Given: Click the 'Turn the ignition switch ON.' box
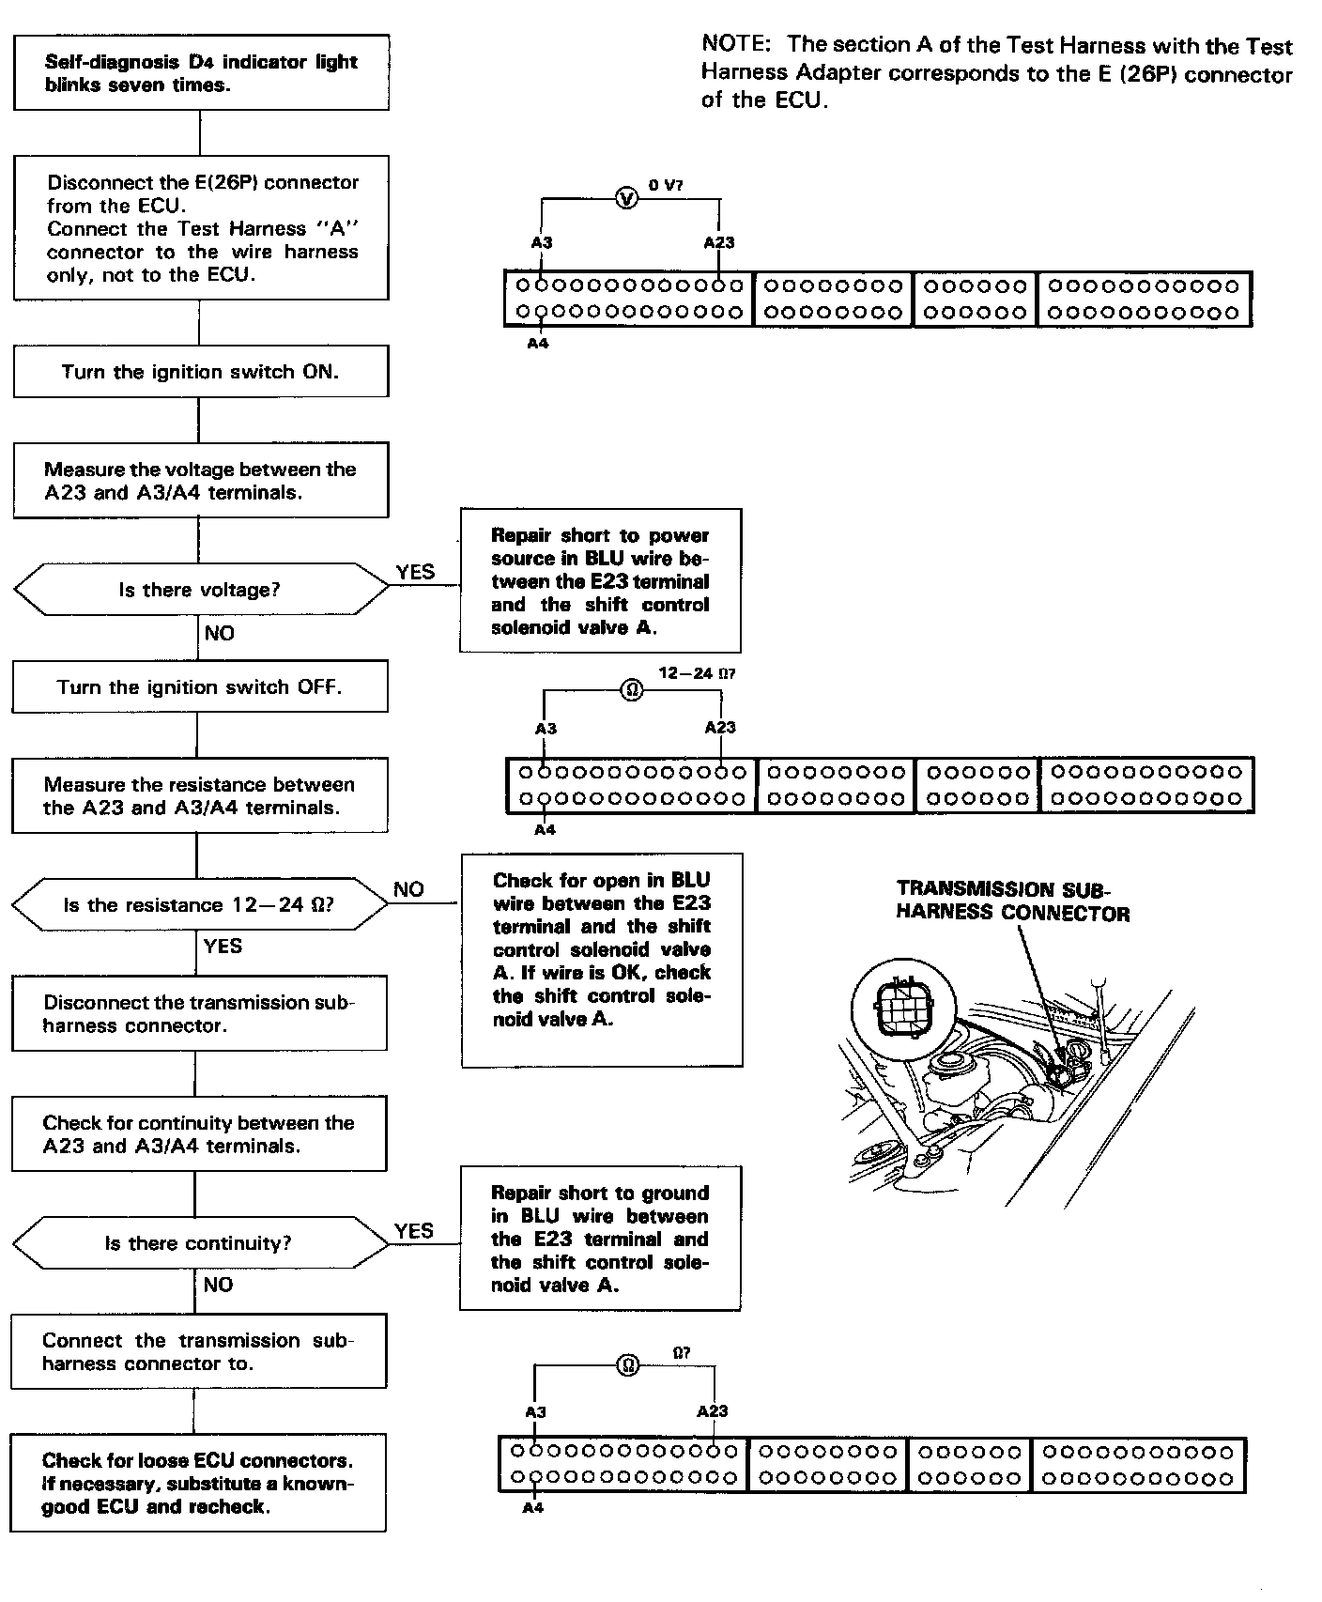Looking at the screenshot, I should pyautogui.click(x=200, y=372).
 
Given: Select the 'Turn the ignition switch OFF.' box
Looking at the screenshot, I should pyautogui.click(x=199, y=686).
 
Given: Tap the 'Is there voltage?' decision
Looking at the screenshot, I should pyautogui.click(x=200, y=590).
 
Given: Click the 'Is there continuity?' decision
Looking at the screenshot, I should pyautogui.click(x=199, y=1243).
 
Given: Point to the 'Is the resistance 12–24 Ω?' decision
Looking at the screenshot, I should pyautogui.click(x=199, y=905).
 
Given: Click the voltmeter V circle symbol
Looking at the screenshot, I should pyautogui.click(x=627, y=198).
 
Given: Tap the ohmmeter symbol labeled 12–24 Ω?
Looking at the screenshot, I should pyautogui.click(x=632, y=690).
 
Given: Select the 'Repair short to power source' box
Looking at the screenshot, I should pyautogui.click(x=600, y=581).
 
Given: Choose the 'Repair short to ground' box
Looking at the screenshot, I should pyautogui.click(x=600, y=1239).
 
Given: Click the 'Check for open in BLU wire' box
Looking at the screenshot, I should pyautogui.click(x=602, y=960).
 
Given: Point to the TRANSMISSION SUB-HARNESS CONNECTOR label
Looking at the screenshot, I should pyautogui.click(x=1012, y=901).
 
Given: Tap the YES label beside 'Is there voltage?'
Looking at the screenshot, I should pyautogui.click(x=414, y=572).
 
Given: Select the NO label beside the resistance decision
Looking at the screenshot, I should pyautogui.click(x=408, y=888).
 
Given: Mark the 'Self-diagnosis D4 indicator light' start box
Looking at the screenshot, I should pyautogui.click(x=201, y=73).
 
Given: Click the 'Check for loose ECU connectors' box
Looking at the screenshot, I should pyautogui.click(x=198, y=1483).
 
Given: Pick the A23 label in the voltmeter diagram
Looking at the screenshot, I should pyautogui.click(x=719, y=242).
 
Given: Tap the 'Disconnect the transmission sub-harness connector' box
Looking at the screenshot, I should pyautogui.click(x=199, y=1013).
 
